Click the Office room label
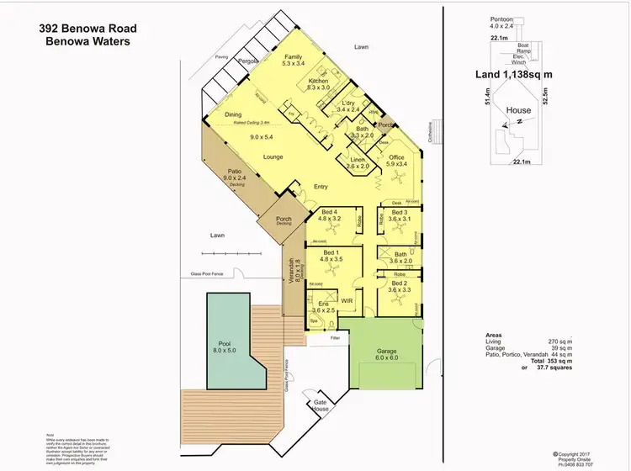(396, 157)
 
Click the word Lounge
(272, 156)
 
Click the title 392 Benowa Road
(87, 28)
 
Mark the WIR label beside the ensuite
(346, 300)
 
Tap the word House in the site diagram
(518, 109)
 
